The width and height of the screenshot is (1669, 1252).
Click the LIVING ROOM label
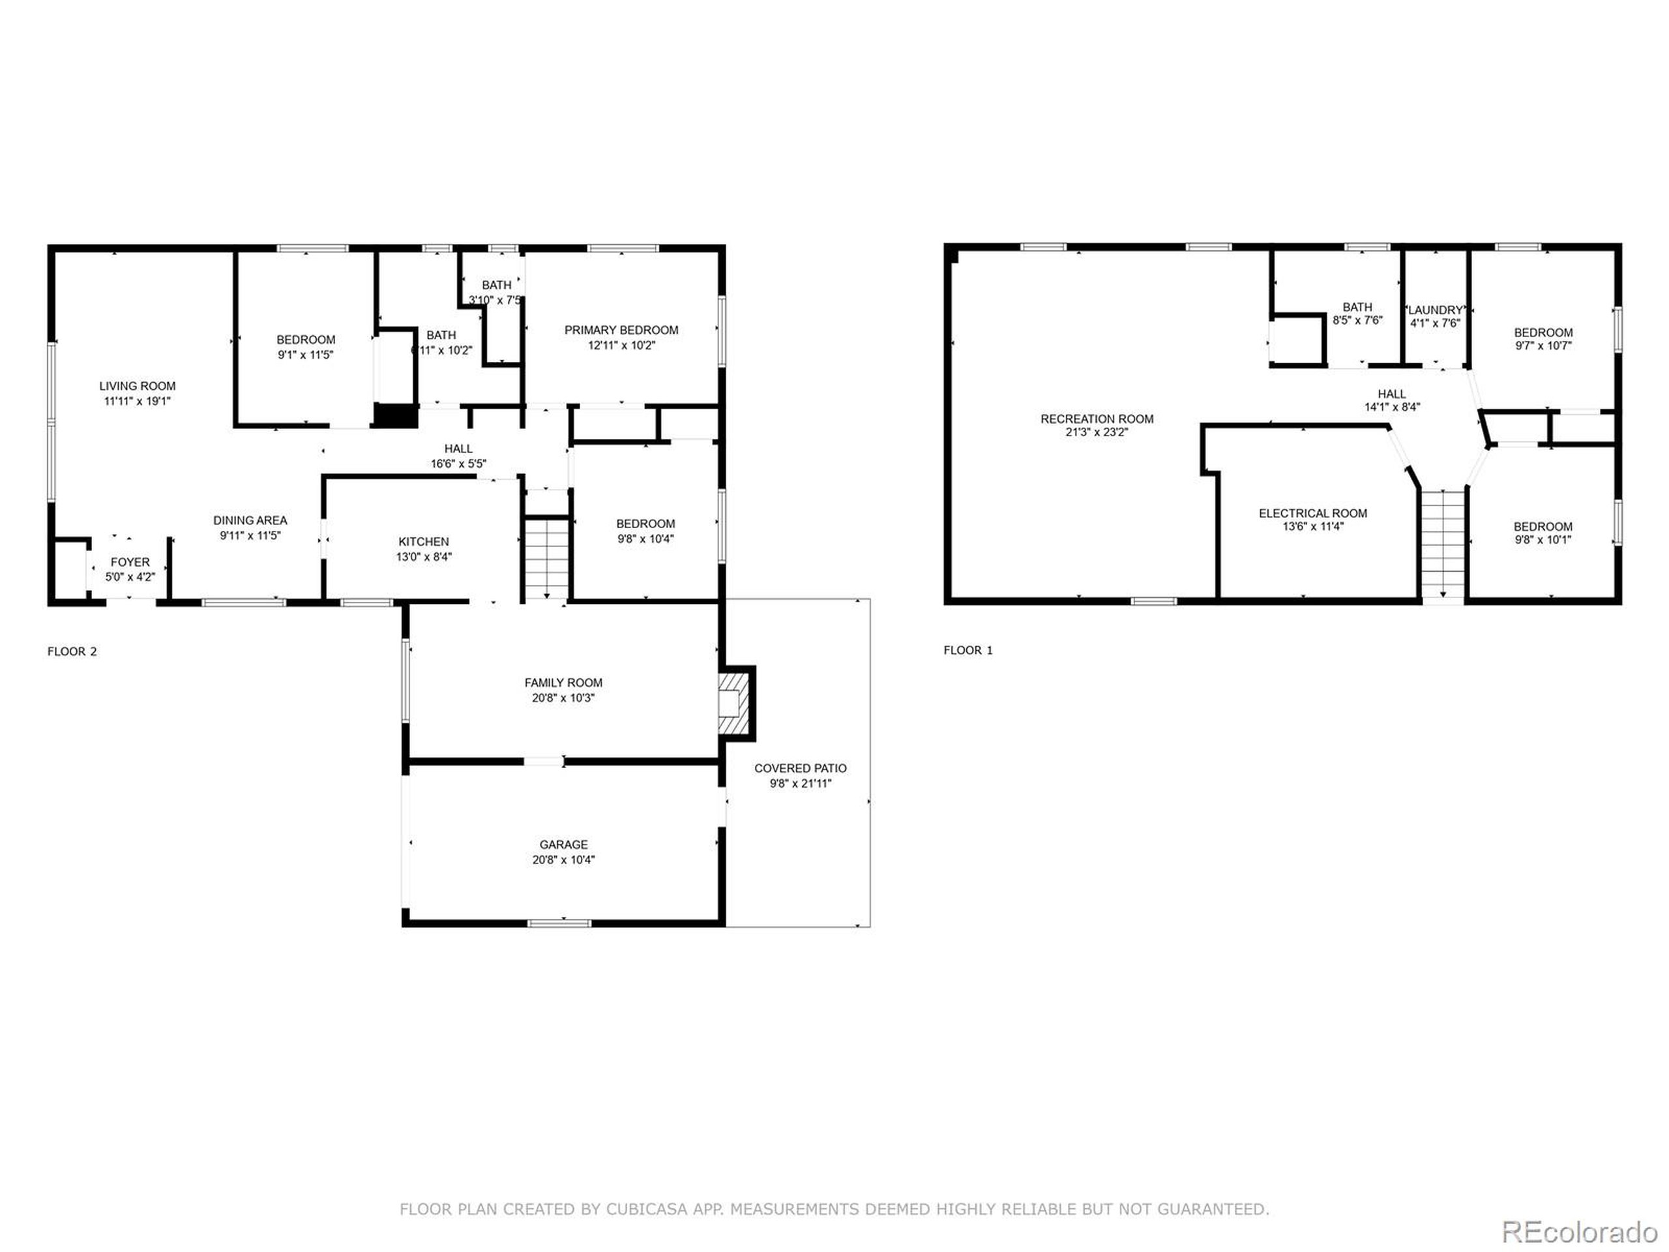[138, 385]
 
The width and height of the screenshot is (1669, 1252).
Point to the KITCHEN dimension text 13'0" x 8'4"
[423, 557]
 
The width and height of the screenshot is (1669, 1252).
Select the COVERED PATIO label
[800, 768]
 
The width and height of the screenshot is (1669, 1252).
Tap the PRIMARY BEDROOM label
[621, 330]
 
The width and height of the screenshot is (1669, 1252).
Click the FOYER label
[130, 562]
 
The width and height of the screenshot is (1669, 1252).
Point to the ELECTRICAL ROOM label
[1312, 513]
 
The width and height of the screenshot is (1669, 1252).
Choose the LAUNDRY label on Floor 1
[1435, 310]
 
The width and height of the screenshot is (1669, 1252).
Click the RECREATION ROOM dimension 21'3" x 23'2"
[1097, 432]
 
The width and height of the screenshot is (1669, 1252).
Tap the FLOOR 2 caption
[72, 651]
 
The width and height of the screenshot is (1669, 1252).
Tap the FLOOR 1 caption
[968, 649]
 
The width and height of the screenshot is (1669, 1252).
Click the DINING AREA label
[250, 520]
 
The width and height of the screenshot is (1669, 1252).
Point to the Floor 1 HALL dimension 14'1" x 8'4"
[1391, 407]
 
